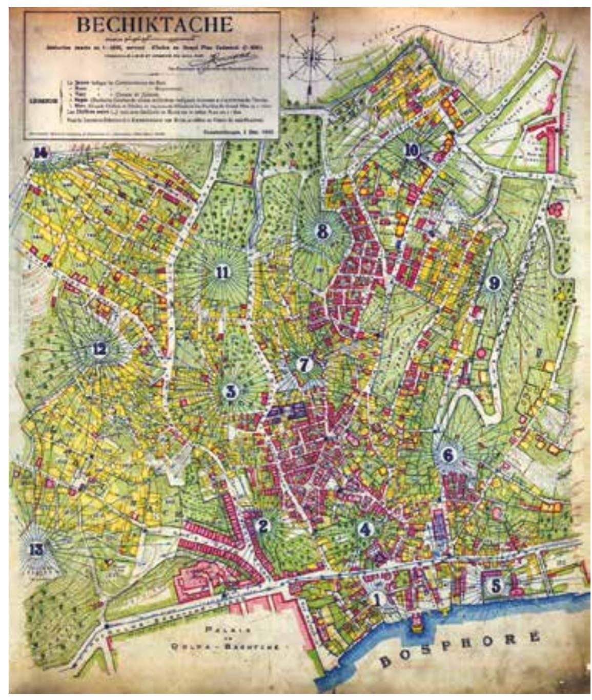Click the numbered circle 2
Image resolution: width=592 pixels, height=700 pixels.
[263, 525]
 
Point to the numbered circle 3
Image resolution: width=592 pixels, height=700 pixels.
[231, 392]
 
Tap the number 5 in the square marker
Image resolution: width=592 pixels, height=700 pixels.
[496, 585]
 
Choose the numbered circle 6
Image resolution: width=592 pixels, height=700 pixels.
[448, 454]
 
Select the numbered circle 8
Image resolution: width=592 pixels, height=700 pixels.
[322, 231]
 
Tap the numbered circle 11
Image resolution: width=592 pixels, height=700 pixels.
[222, 272]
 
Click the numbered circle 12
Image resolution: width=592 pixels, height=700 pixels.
[99, 350]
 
